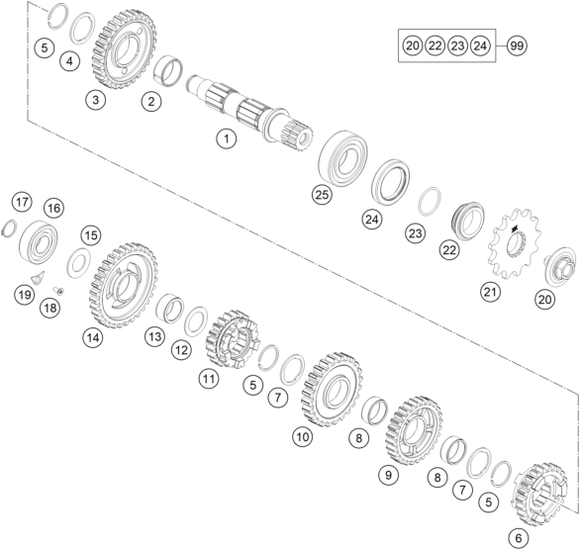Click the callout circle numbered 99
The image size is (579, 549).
point(517,46)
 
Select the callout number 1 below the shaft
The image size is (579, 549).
point(227,139)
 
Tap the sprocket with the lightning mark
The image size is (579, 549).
point(514,247)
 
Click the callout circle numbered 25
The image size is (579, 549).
point(322,194)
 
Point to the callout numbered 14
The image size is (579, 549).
point(93,337)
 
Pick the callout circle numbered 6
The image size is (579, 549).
point(519,538)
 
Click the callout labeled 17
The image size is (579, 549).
point(22,202)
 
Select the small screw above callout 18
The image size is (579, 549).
point(59,291)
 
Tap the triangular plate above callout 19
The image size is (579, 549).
point(38,277)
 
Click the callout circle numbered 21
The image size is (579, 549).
point(490,292)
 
